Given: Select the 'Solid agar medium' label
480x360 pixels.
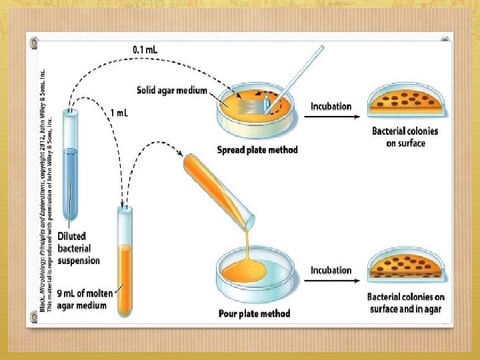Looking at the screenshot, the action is point(172,90).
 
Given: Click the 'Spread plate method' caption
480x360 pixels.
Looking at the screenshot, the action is point(257,149).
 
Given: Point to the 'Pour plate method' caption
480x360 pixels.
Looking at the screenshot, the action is point(255,313).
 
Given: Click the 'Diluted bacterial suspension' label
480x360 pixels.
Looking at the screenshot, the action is point(79,248).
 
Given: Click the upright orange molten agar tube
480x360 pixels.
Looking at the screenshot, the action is point(125,263).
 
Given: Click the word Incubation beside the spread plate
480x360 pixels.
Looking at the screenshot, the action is point(331,106).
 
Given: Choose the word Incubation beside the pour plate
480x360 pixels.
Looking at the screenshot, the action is point(331,270).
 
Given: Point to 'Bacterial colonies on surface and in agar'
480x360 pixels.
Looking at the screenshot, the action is point(406,303).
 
